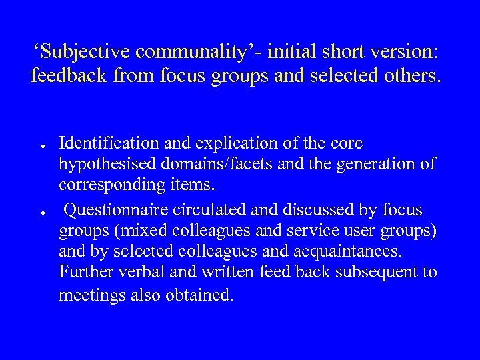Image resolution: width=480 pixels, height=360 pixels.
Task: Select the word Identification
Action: coord(107,143)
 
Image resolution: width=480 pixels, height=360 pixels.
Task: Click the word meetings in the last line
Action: coord(89,295)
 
